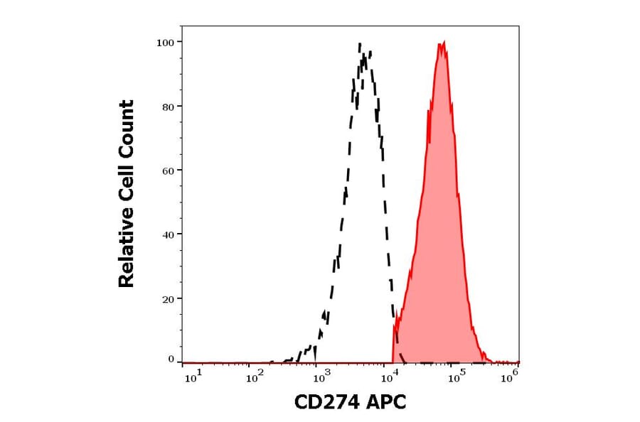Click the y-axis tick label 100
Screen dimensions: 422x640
[x=165, y=43]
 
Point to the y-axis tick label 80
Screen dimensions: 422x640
[x=168, y=107]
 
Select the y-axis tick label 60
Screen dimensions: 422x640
[x=168, y=171]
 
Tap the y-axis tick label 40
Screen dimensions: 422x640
[x=168, y=234]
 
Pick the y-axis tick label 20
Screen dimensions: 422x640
[x=168, y=299]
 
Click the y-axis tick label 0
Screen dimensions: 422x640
[x=171, y=359]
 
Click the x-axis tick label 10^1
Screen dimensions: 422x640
[x=193, y=377]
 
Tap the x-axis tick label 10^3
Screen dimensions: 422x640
[x=321, y=377]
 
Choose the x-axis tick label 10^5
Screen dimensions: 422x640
[x=454, y=377]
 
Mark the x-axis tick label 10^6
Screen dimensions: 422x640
[x=509, y=377]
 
